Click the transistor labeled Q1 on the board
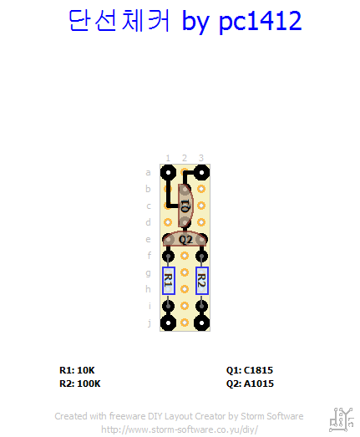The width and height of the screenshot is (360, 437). point(185,206)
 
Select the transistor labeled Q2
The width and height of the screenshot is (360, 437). point(185,239)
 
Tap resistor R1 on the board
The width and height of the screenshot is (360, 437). point(168,281)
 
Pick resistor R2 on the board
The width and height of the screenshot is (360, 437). point(202,281)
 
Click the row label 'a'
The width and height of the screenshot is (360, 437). point(148,173)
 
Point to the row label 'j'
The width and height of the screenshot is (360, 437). point(150,323)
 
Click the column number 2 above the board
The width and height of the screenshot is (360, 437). point(185,158)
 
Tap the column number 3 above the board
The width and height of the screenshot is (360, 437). point(201,158)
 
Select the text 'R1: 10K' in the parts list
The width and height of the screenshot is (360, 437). point(77,370)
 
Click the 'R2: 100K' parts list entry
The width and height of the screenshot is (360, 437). point(79,384)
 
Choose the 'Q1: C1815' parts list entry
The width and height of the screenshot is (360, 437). point(250,370)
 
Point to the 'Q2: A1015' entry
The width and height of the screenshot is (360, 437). point(250,384)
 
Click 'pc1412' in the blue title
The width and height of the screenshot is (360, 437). point(261,22)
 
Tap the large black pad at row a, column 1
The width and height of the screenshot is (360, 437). point(168,172)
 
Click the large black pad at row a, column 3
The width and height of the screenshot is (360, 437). point(202,172)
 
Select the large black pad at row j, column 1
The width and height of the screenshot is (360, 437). point(168,323)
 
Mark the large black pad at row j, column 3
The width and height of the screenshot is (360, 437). point(202,323)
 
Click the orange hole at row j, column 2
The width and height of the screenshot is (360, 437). point(185,323)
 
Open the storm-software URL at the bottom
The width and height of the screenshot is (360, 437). point(180,429)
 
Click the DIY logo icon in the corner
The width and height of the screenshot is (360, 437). point(341,419)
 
